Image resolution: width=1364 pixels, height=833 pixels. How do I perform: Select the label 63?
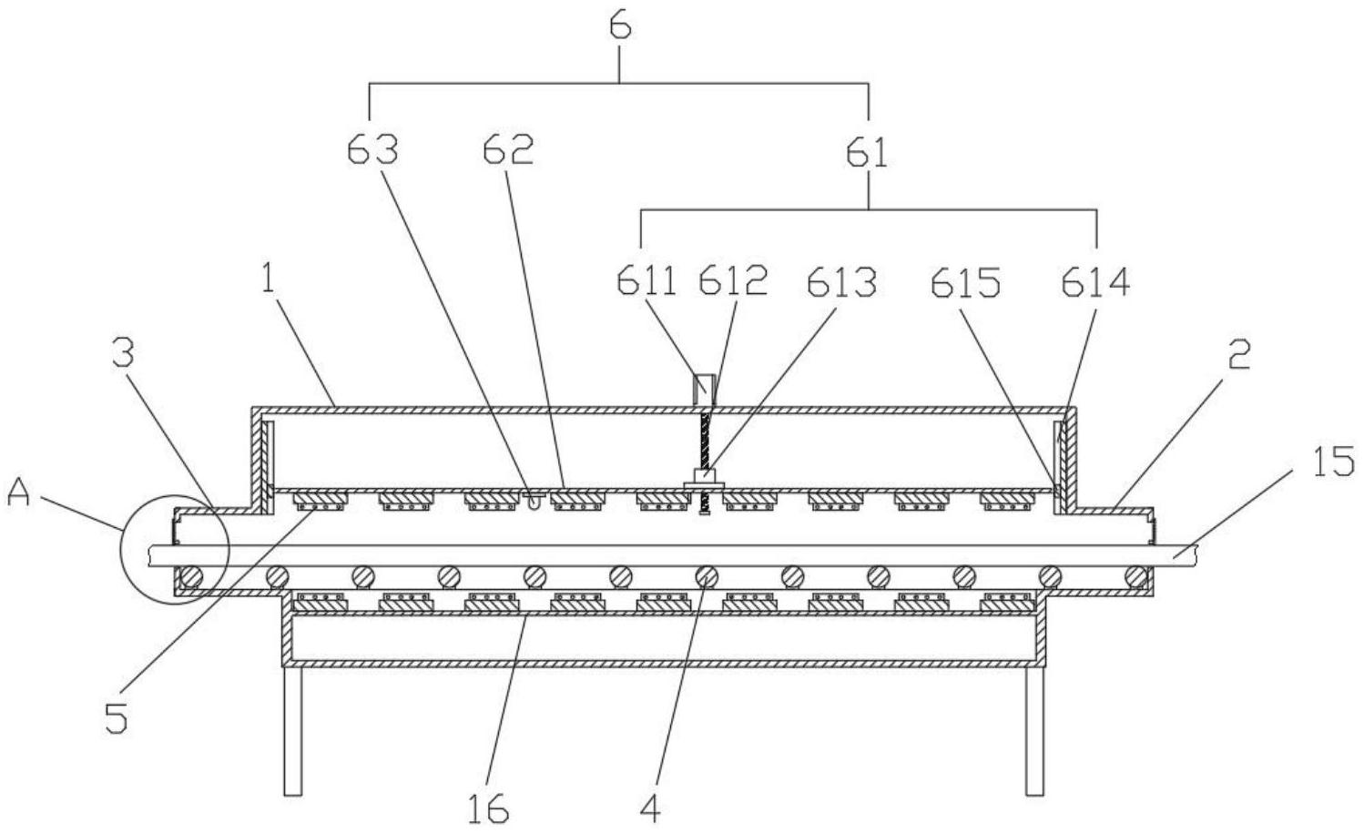(x=373, y=150)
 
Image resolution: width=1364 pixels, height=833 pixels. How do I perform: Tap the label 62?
(x=507, y=150)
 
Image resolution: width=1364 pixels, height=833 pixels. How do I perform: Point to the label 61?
(x=867, y=152)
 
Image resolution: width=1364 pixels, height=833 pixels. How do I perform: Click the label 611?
(x=646, y=282)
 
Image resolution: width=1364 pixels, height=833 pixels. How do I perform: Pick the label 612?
(x=733, y=282)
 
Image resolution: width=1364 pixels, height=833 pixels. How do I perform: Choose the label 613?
(x=840, y=283)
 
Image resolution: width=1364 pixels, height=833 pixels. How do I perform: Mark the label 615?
(x=965, y=284)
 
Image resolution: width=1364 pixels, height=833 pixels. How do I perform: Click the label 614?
(x=1095, y=283)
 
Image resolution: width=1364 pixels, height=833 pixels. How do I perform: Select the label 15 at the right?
(x=1333, y=462)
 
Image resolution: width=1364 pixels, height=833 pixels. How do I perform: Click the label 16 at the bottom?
(x=489, y=808)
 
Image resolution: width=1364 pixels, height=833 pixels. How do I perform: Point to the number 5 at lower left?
(x=115, y=718)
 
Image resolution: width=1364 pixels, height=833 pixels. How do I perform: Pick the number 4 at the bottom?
(x=650, y=807)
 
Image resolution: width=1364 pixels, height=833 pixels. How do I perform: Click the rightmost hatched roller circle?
(x=1135, y=575)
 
